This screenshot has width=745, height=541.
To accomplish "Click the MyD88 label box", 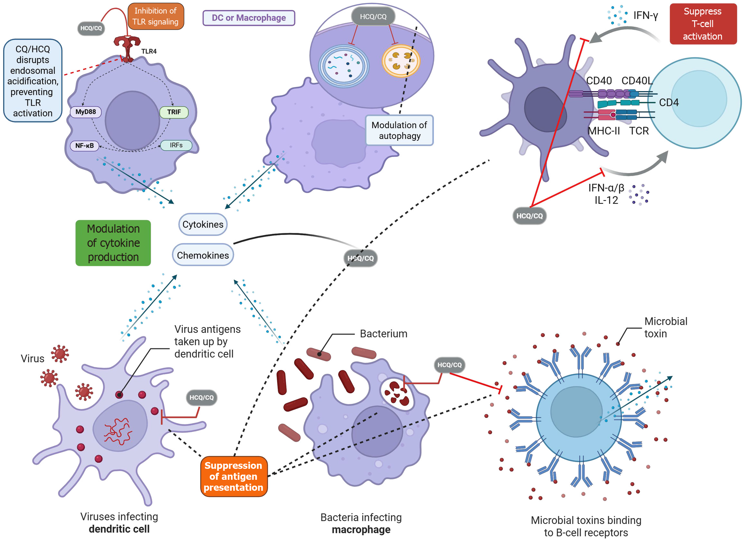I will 86,112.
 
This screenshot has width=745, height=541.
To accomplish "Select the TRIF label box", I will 174,112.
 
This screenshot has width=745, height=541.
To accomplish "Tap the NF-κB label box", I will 84,146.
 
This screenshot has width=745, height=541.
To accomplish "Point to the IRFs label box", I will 176,145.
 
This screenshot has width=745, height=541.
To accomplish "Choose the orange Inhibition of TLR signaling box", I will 155,16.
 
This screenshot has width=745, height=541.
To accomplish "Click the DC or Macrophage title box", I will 249,18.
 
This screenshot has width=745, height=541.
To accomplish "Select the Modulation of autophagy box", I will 399,130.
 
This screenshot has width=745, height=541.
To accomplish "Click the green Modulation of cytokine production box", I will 113,243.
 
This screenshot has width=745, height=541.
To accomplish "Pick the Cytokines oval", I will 203,225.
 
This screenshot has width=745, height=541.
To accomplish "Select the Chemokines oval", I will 203,255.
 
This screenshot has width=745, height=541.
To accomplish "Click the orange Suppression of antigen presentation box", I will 234,476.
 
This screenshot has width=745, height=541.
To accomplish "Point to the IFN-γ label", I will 646,15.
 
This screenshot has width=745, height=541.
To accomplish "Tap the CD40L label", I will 637,81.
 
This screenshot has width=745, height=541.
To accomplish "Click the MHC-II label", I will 604,131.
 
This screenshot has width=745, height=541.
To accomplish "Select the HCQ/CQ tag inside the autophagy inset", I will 373,16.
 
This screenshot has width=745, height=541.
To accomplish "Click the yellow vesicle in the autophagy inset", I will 401,61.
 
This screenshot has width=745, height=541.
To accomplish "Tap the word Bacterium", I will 383,334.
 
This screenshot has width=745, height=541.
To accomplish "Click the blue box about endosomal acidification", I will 33,81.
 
